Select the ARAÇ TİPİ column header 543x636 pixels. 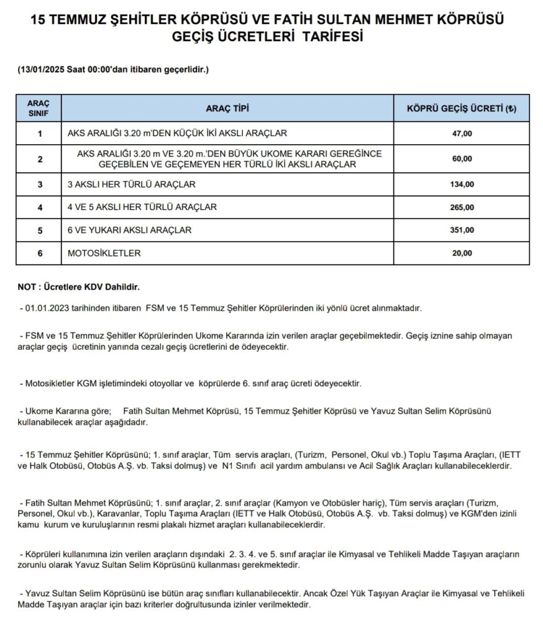[x=227, y=108]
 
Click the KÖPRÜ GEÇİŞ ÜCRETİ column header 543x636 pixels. [x=461, y=108]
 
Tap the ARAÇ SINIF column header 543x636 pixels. [x=40, y=108]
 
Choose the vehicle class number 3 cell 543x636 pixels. [x=40, y=184]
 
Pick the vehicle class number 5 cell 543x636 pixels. [x=40, y=230]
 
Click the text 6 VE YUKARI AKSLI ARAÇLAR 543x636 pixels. [x=129, y=230]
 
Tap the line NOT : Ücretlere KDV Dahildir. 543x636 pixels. [x=80, y=288]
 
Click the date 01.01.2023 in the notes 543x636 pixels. [x=45, y=308]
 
